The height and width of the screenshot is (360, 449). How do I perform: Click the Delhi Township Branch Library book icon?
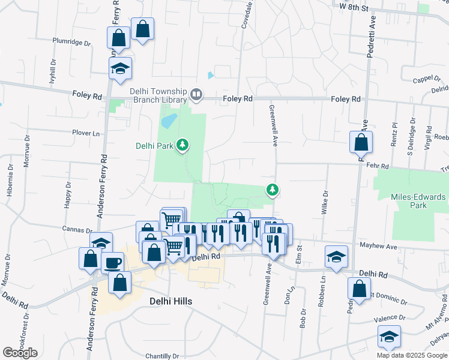pos(196,94)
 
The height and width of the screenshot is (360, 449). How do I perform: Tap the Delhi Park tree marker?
pos(183,145)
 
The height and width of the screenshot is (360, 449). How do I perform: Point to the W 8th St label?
pos(353,5)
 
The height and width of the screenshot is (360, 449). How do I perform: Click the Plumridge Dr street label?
pos(71,43)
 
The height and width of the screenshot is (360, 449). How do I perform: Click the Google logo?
pos(20,352)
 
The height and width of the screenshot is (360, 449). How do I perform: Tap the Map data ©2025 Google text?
pos(411,355)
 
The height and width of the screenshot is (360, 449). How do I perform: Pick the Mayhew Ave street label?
pos(379,246)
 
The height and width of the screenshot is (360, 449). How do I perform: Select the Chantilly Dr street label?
pos(161,356)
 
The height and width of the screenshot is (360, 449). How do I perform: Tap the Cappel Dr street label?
pos(427,79)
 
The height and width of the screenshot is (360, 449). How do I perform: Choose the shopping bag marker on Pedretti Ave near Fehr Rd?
pos(361,143)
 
